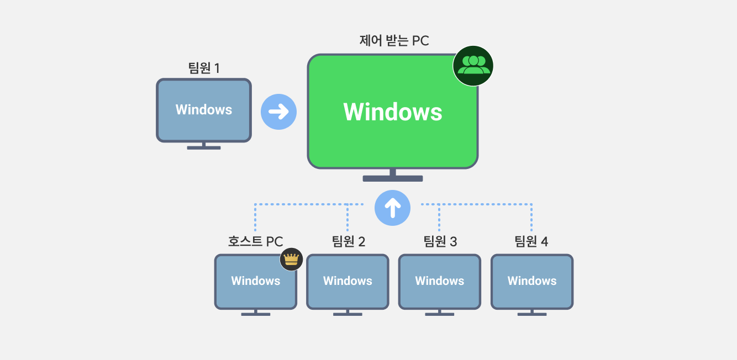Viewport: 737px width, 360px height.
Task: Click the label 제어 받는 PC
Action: (x=394, y=41)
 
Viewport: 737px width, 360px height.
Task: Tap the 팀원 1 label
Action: (x=204, y=68)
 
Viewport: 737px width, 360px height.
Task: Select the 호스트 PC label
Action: (x=255, y=242)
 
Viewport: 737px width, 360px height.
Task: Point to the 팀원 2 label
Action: (x=348, y=242)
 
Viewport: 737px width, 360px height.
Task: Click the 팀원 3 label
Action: (x=440, y=242)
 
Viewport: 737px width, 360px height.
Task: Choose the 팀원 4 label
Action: (x=531, y=242)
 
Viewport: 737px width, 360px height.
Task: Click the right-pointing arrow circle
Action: (x=278, y=112)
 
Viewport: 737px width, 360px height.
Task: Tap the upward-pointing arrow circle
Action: (x=392, y=208)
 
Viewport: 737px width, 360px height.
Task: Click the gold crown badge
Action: (x=291, y=259)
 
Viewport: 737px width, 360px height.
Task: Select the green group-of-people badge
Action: (x=473, y=66)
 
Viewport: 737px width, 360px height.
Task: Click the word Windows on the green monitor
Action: (x=393, y=112)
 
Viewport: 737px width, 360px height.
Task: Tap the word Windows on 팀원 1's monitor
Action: (x=204, y=110)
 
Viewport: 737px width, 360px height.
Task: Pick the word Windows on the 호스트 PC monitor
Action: (x=256, y=281)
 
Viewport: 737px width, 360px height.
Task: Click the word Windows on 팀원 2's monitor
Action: (x=348, y=281)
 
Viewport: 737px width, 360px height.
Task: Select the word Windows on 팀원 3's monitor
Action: (x=440, y=281)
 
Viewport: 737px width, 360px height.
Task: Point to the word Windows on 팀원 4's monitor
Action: (x=532, y=281)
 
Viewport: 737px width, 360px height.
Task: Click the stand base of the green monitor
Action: (x=393, y=178)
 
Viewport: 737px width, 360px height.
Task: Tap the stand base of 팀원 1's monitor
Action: (x=204, y=147)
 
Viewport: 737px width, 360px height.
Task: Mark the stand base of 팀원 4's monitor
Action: (x=532, y=314)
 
